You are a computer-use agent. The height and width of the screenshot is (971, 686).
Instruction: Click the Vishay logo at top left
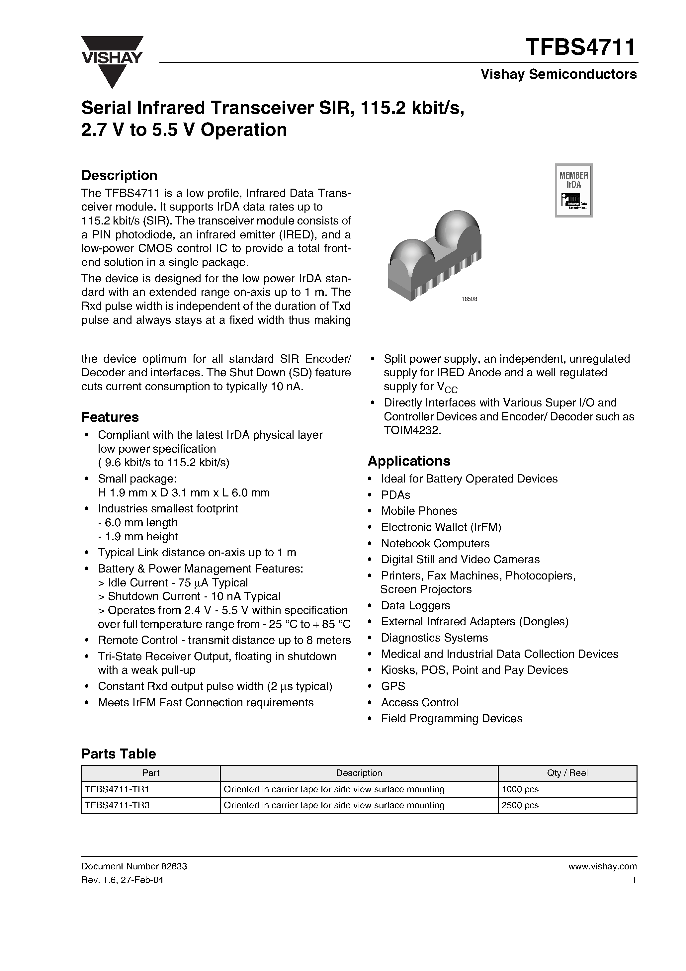pos(112,61)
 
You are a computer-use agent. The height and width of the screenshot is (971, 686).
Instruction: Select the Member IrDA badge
pos(573,190)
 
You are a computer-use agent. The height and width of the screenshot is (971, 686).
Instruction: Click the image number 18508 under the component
pos(469,299)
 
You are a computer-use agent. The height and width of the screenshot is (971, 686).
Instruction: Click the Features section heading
pos(110,417)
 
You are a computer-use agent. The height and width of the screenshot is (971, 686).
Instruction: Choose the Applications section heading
pos(409,461)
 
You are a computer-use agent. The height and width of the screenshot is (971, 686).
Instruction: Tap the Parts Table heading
pos(119,753)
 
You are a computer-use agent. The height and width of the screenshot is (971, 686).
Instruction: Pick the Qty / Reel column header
pos(567,773)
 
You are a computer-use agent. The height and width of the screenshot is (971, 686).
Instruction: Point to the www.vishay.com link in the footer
pos(602,866)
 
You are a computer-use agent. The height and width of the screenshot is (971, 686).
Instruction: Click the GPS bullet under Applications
pos(393,686)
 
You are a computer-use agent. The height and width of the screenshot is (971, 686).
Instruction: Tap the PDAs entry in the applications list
pos(395,495)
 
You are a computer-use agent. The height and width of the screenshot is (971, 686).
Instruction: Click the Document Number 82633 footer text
pos(134,866)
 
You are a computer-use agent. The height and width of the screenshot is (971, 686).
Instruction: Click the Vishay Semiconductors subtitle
pos(558,74)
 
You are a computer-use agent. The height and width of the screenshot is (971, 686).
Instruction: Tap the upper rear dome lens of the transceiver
pos(457,226)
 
